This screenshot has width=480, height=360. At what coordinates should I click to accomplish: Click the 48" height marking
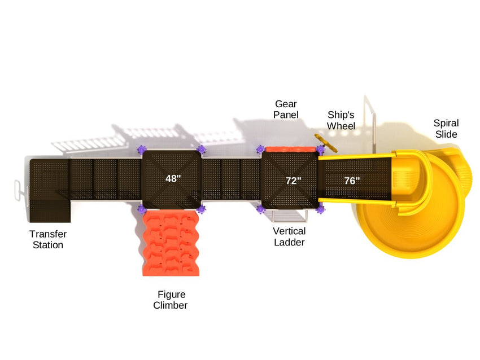(x=173, y=178)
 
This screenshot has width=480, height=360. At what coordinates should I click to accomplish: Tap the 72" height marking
(x=293, y=181)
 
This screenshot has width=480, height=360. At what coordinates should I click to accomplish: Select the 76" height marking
(x=352, y=181)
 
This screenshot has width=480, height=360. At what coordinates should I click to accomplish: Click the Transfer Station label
(x=47, y=239)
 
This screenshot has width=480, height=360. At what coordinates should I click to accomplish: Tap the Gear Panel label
(x=286, y=109)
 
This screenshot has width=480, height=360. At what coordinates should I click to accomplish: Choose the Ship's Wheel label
(x=341, y=120)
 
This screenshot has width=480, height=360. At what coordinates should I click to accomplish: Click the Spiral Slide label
(x=446, y=129)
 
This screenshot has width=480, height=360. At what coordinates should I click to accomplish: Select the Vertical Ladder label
(x=289, y=236)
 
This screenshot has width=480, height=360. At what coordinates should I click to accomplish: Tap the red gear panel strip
(x=290, y=149)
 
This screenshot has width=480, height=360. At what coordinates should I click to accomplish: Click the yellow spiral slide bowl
(x=412, y=226)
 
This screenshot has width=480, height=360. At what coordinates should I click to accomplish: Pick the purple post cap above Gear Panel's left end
(x=260, y=150)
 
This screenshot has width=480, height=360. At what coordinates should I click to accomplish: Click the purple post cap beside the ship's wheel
(x=320, y=150)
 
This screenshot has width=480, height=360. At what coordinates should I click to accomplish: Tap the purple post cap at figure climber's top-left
(x=141, y=210)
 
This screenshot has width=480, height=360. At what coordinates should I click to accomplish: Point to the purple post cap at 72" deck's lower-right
(x=321, y=210)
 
